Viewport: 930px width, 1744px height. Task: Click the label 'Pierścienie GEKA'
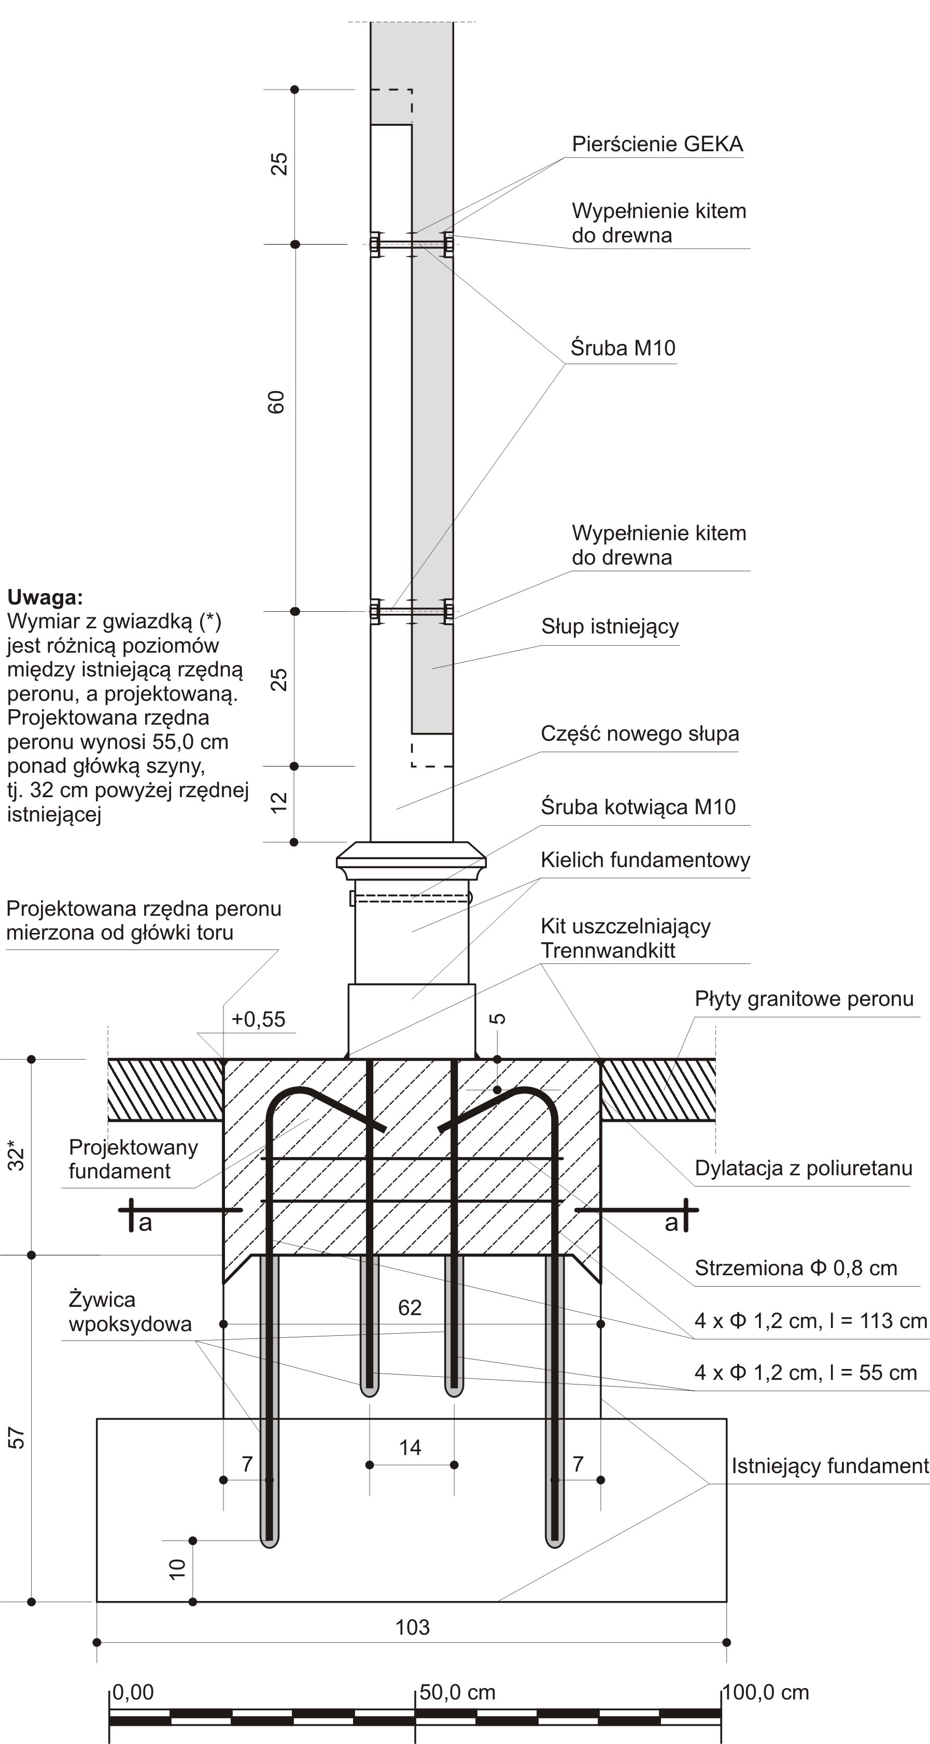[657, 144]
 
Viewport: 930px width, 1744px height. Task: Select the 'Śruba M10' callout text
[623, 348]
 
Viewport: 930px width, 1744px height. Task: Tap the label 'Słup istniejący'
[610, 627]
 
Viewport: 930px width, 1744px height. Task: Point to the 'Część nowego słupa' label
[639, 734]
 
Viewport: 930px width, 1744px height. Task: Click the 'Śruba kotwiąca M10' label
[638, 807]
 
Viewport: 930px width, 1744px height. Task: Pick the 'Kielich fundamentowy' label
[645, 860]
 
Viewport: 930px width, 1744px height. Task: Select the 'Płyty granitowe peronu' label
[804, 999]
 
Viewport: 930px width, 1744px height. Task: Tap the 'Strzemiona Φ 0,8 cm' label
[796, 1268]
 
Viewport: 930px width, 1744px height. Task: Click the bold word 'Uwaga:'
[45, 597]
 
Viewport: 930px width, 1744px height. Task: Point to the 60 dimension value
[277, 402]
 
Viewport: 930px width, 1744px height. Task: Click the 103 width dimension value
[412, 1627]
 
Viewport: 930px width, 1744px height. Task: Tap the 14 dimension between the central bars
[411, 1448]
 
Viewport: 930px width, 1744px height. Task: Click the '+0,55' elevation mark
[258, 1019]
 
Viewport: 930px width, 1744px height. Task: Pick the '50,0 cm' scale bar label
[457, 1693]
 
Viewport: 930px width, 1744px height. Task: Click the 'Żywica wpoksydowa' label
[130, 1311]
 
